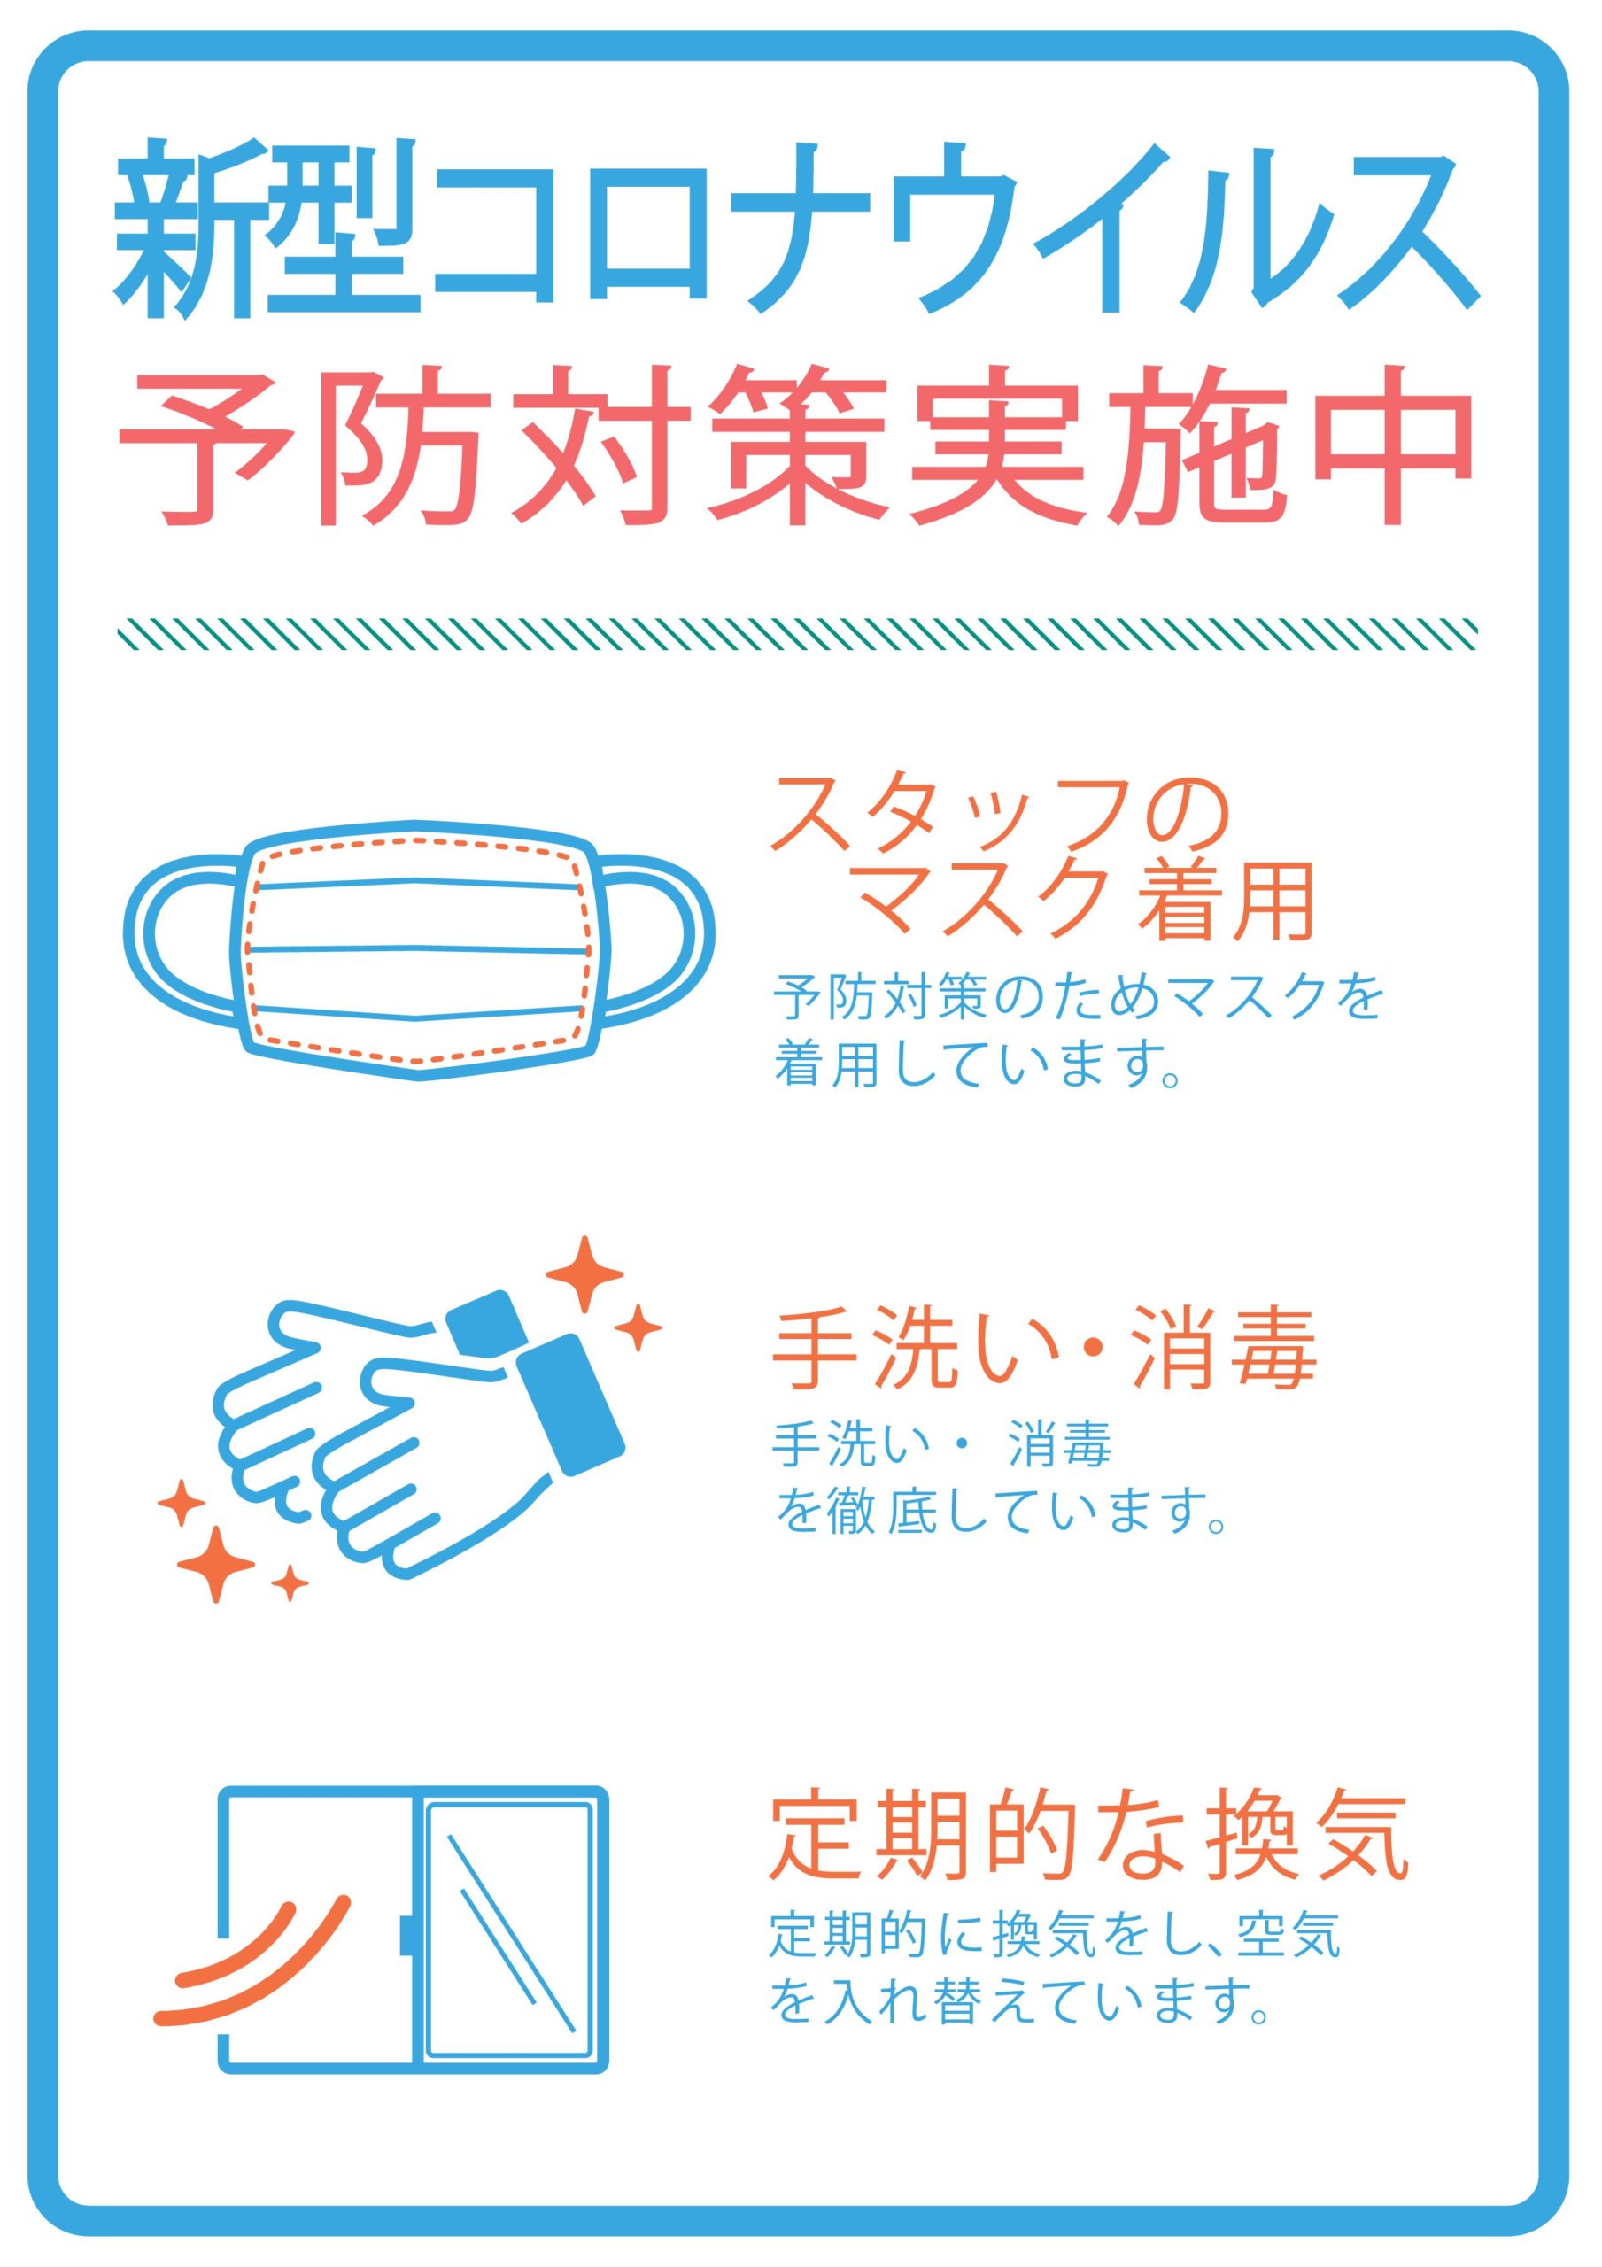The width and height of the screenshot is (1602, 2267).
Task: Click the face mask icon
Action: [x=419, y=948]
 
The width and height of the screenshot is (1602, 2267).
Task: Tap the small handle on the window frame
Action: [x=405, y=1935]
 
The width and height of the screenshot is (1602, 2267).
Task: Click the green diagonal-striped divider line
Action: [x=798, y=634]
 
